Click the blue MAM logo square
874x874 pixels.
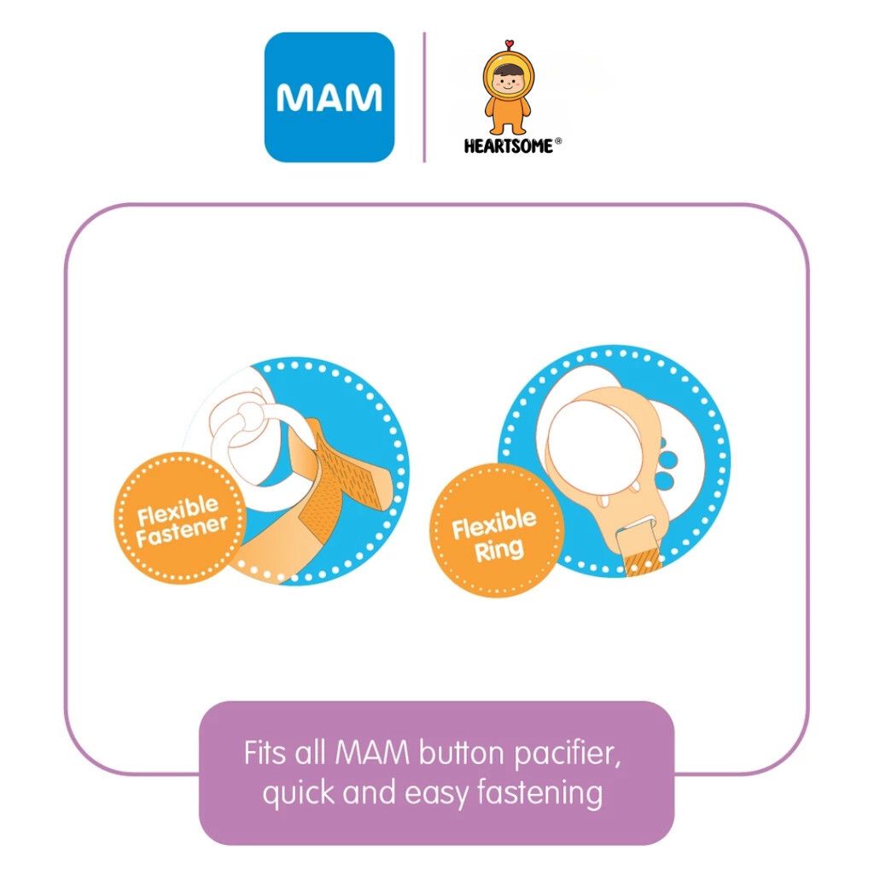pyautogui.click(x=329, y=97)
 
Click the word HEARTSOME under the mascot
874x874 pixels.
pyautogui.click(x=508, y=146)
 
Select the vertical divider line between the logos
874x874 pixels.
pyautogui.click(x=424, y=97)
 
